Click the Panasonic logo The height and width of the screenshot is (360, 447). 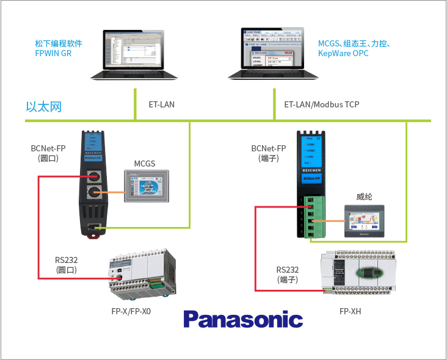pyautogui.click(x=242, y=319)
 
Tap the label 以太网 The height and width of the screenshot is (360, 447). pyautogui.click(x=44, y=107)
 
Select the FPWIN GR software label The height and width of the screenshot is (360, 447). pyautogui.click(x=58, y=49)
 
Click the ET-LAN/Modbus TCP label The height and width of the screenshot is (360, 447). pyautogui.click(x=321, y=104)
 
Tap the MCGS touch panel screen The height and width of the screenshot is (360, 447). pyautogui.click(x=145, y=185)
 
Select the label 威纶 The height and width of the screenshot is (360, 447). pyautogui.click(x=364, y=196)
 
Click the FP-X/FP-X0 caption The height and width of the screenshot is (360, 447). pyautogui.click(x=131, y=311)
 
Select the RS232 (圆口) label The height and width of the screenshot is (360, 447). pyautogui.click(x=66, y=264)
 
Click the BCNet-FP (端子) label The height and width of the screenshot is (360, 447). pyautogui.click(x=269, y=153)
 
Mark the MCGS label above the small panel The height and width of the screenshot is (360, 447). pyautogui.click(x=145, y=164)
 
